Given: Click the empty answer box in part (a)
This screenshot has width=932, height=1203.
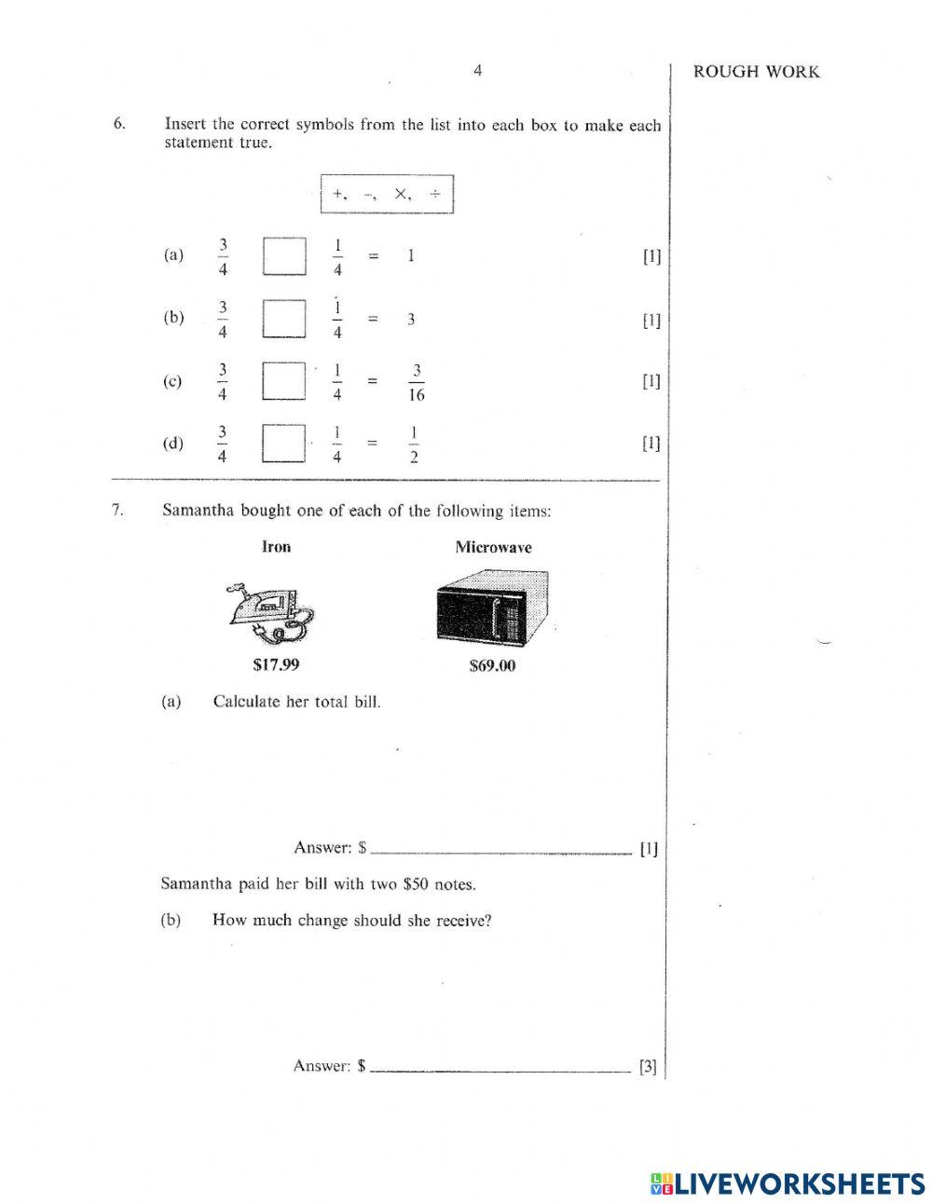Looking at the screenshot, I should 284,256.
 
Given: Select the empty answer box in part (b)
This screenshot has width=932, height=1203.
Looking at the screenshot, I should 284,319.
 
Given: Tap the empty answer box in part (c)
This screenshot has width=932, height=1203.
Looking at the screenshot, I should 284,381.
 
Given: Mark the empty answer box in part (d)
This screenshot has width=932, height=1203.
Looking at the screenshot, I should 284,444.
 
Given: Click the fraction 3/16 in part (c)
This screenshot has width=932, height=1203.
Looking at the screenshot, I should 416,382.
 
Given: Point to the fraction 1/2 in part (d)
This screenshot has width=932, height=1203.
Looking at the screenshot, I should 414,444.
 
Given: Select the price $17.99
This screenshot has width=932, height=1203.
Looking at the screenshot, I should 276,665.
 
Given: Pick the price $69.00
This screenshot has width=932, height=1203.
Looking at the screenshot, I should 492,666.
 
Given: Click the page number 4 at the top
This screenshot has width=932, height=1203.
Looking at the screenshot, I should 477,71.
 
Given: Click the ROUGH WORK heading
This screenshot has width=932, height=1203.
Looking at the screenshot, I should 756,73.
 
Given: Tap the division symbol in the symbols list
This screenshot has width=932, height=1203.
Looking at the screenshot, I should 434,194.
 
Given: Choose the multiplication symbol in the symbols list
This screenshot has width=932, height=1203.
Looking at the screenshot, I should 401,194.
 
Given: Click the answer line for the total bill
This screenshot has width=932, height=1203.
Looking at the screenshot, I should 500,850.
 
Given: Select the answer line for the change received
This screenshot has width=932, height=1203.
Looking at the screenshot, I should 500,1068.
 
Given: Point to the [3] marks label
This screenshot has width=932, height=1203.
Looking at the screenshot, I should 648,1068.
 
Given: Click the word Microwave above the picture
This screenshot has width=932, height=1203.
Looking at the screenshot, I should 493,548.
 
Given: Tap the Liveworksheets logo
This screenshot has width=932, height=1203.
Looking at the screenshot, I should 787,1183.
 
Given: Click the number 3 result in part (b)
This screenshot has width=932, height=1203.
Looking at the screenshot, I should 411,320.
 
